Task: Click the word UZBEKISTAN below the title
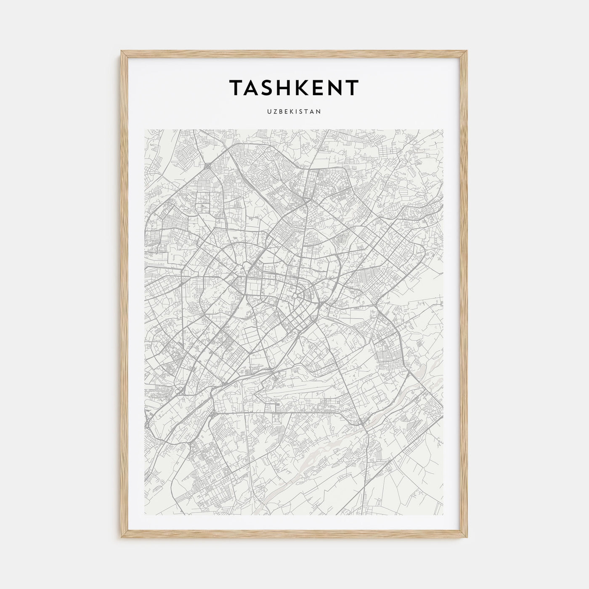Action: coord(294,111)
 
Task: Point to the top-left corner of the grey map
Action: coord(145,130)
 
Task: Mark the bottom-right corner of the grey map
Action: coord(443,515)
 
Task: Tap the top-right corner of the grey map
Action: coord(443,130)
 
